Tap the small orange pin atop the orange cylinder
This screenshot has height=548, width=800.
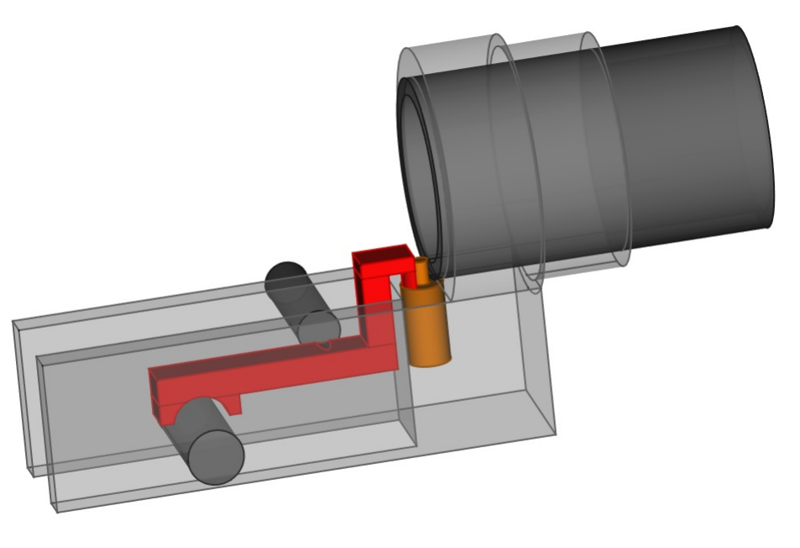(422, 271)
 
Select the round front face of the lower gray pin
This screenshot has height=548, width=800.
(216, 456)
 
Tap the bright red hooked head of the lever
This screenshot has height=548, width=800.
(382, 261)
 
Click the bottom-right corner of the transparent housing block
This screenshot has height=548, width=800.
(555, 433)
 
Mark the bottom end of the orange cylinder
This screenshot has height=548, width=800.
(431, 361)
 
